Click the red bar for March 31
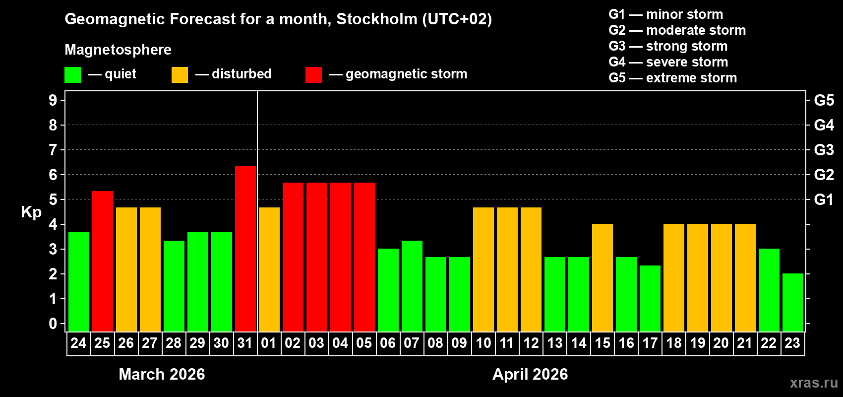pos(245,248)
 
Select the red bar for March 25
pos(103,261)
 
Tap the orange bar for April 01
pos(269,269)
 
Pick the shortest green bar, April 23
pos(793,302)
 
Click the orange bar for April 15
pos(602,277)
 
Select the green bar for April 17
pos(650,298)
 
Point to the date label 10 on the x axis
pos(483,343)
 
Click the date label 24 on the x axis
pos(78,343)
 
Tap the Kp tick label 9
pos(53,100)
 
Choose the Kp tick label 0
pos(53,324)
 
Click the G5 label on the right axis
pos(824,100)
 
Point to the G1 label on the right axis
pos(824,199)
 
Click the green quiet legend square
pos(73,75)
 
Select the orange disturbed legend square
pos(180,75)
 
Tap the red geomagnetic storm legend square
pos(313,75)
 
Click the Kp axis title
pos(31,212)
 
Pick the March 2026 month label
pos(162,374)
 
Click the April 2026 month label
pos(530,374)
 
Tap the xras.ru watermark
pos(814,383)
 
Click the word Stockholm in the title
pos(377,19)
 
